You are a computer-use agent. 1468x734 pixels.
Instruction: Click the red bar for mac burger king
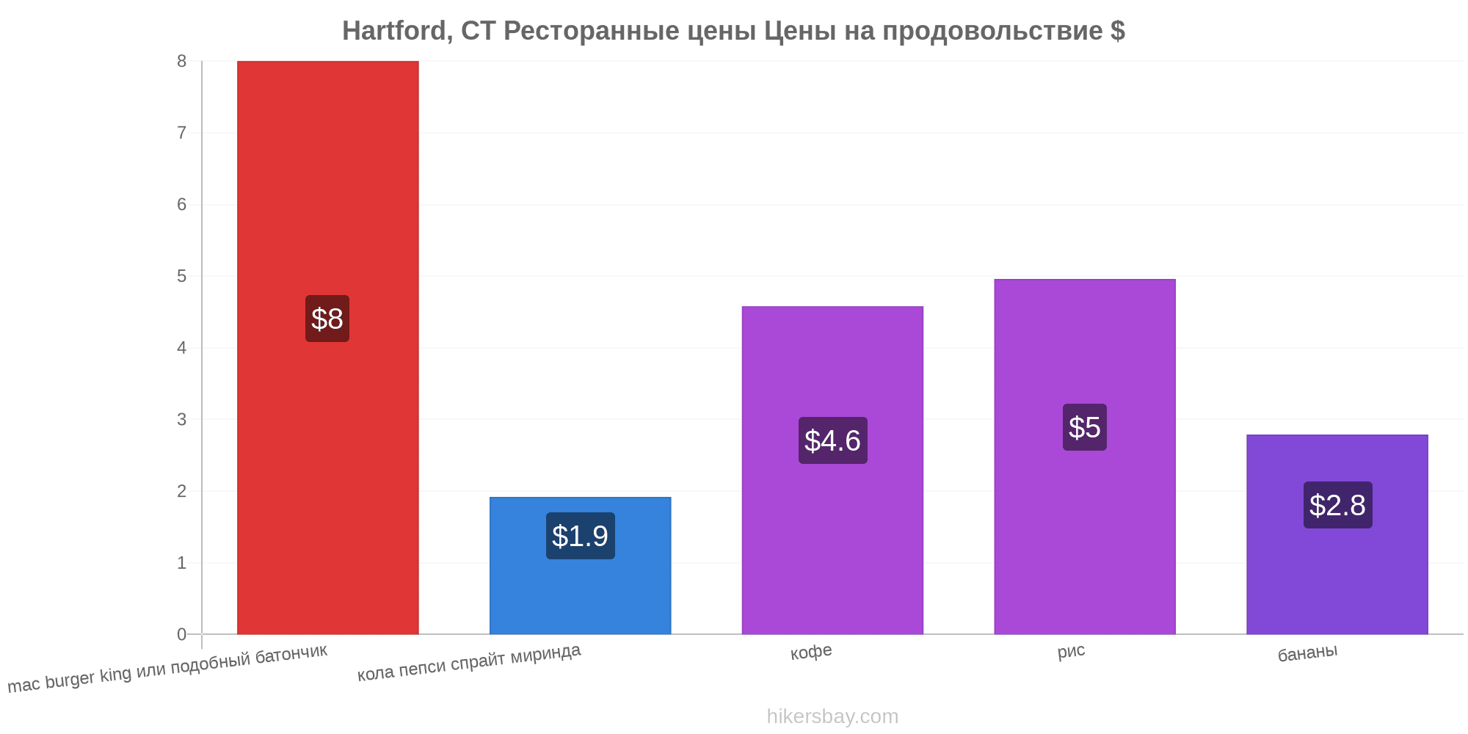tap(327, 347)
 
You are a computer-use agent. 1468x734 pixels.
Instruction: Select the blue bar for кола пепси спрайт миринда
tap(580, 565)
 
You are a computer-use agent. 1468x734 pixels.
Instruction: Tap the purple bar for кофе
tap(832, 470)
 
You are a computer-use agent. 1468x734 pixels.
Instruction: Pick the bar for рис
tap(1085, 457)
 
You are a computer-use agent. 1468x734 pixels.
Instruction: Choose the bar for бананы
tap(1337, 534)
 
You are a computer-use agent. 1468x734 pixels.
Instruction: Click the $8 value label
tap(327, 319)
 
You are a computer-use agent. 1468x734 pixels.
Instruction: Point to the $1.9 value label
tap(580, 536)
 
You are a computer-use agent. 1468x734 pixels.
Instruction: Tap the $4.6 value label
tap(832, 440)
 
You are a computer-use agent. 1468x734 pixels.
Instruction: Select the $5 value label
tap(1085, 427)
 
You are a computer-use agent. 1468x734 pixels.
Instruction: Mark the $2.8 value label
tap(1337, 505)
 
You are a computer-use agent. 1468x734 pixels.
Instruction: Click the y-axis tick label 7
tap(181, 133)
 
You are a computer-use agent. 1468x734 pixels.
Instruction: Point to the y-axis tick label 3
tap(181, 420)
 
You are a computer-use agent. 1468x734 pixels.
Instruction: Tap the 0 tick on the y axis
tap(181, 634)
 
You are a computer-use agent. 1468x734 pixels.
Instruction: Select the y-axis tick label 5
tap(181, 276)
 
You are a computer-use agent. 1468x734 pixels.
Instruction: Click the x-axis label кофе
tap(811, 652)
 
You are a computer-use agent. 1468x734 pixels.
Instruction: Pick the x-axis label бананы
tap(1307, 653)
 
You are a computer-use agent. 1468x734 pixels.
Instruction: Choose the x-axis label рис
tap(1071, 651)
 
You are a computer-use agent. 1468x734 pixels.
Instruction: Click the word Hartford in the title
tap(397, 31)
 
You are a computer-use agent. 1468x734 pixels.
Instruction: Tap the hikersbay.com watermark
tap(832, 716)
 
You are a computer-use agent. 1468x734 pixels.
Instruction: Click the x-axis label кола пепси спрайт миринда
tap(469, 662)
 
